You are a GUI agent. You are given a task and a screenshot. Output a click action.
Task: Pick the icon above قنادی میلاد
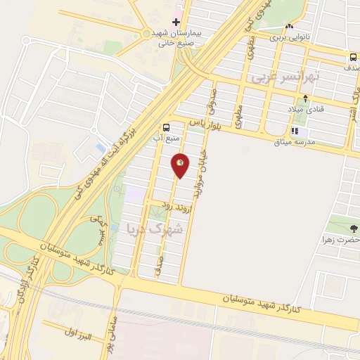(304, 98)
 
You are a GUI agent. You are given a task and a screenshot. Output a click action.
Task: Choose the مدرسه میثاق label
(310, 141)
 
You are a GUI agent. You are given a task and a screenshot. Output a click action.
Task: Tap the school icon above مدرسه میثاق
(295, 130)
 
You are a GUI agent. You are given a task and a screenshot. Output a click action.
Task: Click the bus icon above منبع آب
(166, 127)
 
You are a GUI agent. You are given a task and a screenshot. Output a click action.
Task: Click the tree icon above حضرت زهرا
(353, 228)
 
